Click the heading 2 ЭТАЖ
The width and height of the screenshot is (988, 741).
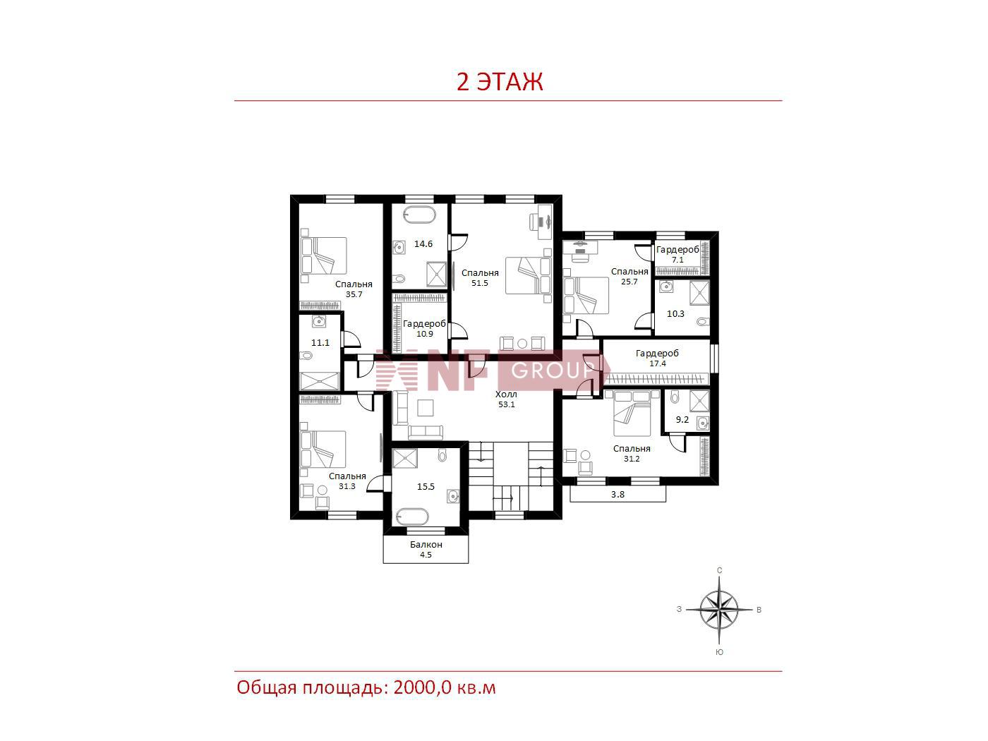[x=500, y=82]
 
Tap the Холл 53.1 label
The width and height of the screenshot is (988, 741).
[x=507, y=399]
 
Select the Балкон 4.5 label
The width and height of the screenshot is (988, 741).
[x=426, y=549]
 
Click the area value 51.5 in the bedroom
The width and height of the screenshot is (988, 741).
[x=480, y=283]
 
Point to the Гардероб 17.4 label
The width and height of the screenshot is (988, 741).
[x=657, y=358]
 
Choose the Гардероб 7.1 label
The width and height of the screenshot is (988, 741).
[x=677, y=255]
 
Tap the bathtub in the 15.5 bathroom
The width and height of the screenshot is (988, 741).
[x=412, y=517]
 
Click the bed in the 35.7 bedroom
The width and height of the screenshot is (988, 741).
[x=324, y=255]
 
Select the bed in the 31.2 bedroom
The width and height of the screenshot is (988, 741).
[x=632, y=413]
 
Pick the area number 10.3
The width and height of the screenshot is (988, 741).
[x=675, y=313]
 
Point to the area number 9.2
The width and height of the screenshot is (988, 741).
[x=682, y=419]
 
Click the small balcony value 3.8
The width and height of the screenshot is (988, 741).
[x=617, y=495]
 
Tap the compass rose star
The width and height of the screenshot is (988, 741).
[x=719, y=610]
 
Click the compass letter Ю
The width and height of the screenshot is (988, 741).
[x=719, y=652]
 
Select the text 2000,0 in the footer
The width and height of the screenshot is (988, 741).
[x=422, y=688]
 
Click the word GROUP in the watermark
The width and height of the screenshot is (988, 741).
[x=553, y=370]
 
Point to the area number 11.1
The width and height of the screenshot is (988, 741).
[x=320, y=343]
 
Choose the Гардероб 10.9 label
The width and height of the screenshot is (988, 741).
[x=424, y=328]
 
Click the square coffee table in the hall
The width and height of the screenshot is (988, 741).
[x=426, y=408]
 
